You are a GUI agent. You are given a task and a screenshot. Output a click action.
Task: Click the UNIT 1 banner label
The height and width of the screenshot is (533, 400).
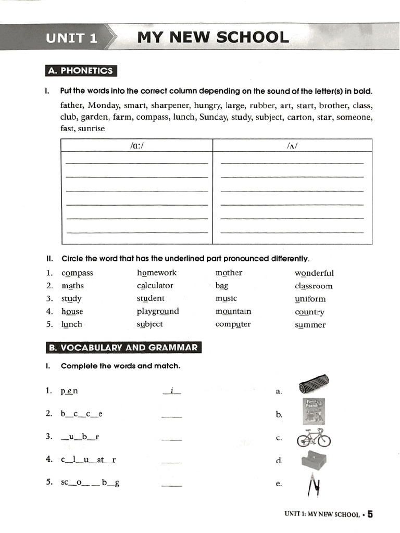pyautogui.click(x=71, y=38)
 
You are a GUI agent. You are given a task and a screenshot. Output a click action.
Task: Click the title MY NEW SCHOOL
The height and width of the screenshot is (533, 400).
pyautogui.click(x=213, y=37)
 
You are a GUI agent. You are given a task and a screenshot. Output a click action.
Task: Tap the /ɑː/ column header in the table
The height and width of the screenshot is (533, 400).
pyautogui.click(x=136, y=146)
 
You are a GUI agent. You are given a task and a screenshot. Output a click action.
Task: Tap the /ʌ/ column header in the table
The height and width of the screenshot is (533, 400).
pyautogui.click(x=292, y=146)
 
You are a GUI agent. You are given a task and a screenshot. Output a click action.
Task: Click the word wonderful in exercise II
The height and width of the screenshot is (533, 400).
pyautogui.click(x=314, y=273)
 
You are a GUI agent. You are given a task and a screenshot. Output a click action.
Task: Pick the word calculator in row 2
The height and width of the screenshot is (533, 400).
pyautogui.click(x=155, y=286)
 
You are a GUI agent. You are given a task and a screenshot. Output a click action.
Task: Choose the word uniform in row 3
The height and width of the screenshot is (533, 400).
pyautogui.click(x=310, y=299)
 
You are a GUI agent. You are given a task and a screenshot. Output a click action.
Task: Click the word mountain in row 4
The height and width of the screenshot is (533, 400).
pyautogui.click(x=233, y=311)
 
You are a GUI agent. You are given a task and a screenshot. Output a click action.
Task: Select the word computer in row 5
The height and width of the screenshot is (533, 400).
pyautogui.click(x=233, y=324)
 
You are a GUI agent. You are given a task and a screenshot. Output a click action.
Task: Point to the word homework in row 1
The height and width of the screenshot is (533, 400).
pyautogui.click(x=157, y=273)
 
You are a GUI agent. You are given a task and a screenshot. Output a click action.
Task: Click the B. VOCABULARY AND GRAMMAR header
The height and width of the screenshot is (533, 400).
pyautogui.click(x=123, y=348)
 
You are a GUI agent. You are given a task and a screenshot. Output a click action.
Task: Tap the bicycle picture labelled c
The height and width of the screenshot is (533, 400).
pyautogui.click(x=314, y=438)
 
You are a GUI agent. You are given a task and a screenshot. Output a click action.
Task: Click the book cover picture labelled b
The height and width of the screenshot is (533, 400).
pyautogui.click(x=314, y=412)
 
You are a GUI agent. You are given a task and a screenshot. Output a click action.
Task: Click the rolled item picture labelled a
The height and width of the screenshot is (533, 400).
pyautogui.click(x=314, y=386)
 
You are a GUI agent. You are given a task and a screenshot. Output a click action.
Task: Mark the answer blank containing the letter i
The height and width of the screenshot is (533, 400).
pyautogui.click(x=172, y=391)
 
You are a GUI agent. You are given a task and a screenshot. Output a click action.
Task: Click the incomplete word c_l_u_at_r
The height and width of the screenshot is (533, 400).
pyautogui.click(x=88, y=460)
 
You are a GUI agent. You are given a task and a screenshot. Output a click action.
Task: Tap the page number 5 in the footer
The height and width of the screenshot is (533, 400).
pyautogui.click(x=370, y=514)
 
